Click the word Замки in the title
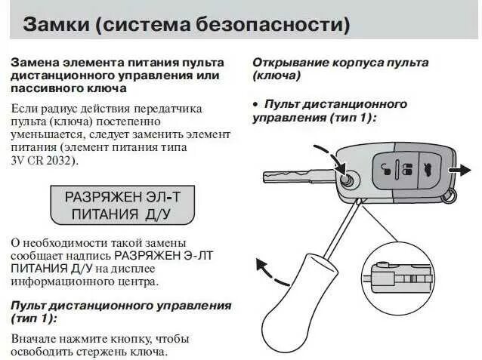[54, 24]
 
